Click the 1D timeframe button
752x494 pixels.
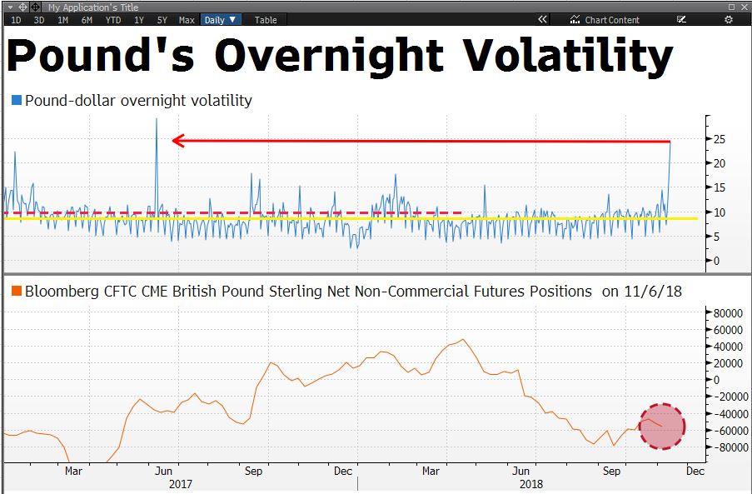[16, 20]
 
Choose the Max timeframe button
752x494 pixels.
[187, 20]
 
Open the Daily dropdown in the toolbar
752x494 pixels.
[221, 20]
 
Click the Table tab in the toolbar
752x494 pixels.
[266, 20]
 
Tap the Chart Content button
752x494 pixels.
[605, 20]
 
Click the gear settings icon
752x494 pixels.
[729, 20]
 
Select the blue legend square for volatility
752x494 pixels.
[17, 100]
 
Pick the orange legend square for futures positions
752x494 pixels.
[17, 292]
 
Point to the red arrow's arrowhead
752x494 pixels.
[176, 141]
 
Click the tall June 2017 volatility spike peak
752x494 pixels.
[157, 120]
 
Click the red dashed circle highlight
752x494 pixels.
[662, 427]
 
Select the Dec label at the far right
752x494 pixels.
[695, 472]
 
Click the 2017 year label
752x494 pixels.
[181, 484]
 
